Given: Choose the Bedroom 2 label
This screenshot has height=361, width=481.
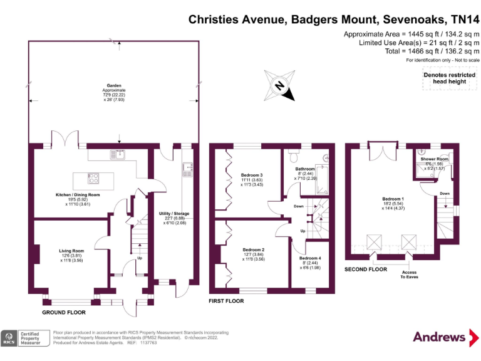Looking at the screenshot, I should [254, 249].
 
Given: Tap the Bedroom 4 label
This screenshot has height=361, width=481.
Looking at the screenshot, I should [310, 258].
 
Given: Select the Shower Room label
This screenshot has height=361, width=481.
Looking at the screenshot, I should [434, 159].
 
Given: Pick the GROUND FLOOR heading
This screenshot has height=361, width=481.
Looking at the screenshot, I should [63, 311].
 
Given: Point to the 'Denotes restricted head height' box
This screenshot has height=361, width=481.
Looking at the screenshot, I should [445, 78].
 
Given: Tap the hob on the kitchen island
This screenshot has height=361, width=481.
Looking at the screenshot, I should [93, 178].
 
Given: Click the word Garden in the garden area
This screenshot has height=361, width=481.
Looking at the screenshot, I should [113, 85].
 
